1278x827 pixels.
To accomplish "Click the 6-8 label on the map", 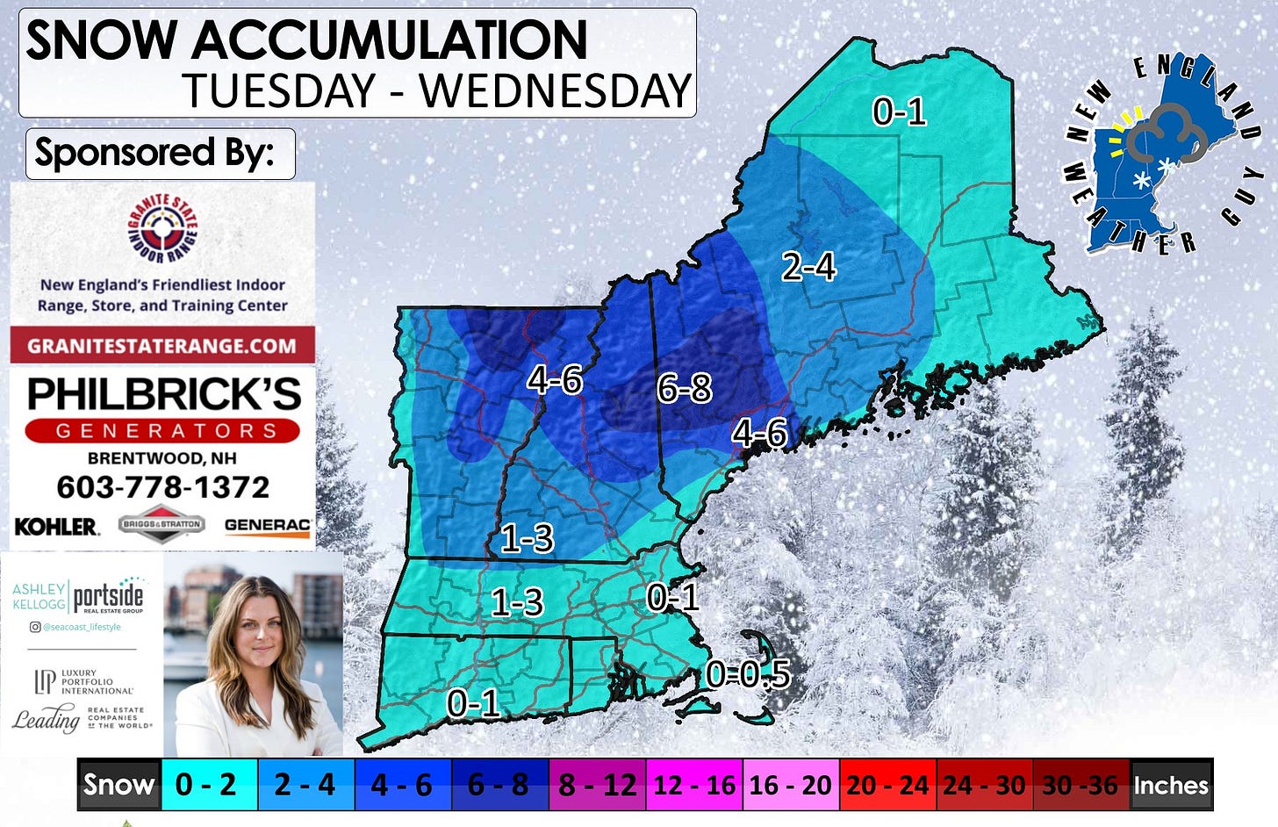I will [684, 388].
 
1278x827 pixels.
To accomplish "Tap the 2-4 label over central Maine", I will [808, 266].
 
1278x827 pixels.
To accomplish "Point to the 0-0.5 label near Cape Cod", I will [748, 674].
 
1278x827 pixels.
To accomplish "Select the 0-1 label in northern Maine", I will [899, 111].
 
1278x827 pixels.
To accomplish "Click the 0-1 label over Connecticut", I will [473, 703].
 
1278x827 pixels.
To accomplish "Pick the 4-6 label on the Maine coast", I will [759, 433].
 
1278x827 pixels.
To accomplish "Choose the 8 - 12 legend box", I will [597, 784].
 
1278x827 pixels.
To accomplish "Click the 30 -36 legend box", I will [1080, 784].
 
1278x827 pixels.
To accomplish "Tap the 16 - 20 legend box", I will [790, 784].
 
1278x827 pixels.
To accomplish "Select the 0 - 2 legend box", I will [205, 784].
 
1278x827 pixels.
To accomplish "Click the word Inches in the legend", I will [1171, 784].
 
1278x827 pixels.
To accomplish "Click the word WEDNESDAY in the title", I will [556, 91].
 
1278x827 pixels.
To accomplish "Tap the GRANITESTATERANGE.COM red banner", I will [162, 345].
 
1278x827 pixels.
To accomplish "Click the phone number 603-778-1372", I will [162, 486].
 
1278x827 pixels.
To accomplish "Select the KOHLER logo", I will [56, 526].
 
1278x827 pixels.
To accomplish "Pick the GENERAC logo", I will [267, 525].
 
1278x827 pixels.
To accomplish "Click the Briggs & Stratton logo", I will [162, 524].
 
